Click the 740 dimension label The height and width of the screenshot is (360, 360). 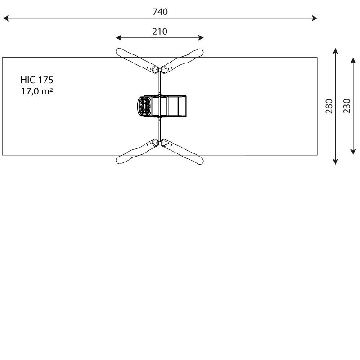pos(160,12)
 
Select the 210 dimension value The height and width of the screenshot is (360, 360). pos(160,31)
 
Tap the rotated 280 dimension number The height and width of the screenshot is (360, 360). pos(329,106)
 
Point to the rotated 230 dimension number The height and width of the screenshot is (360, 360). pos(347,106)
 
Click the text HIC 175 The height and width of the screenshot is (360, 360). pos(37,80)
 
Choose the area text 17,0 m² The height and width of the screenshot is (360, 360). pos(37,91)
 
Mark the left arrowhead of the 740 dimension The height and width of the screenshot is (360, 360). pos(5,18)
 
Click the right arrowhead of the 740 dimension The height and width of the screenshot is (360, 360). pos(315,18)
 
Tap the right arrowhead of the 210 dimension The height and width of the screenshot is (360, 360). pos(201,38)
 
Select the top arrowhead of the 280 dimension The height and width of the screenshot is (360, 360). pos(335,51)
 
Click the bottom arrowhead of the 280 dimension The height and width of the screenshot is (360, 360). pos(335,162)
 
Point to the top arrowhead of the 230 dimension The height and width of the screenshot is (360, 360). pos(353,60)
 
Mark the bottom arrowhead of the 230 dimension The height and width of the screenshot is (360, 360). pos(353,152)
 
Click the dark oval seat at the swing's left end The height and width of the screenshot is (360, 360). pos(144,106)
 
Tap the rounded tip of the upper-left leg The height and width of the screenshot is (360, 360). pos(119,52)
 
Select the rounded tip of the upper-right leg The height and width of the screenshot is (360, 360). pos(200,52)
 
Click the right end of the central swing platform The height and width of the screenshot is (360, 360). pos(185,106)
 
